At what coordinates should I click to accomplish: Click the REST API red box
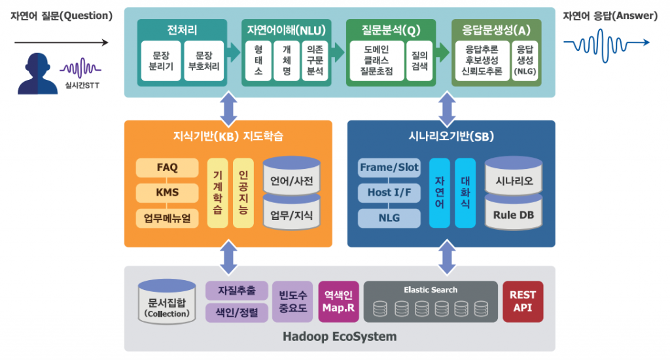click(x=523, y=302)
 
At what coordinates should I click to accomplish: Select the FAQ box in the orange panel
click(x=167, y=168)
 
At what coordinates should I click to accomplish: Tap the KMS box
click(x=167, y=193)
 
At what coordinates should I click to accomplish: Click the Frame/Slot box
click(x=389, y=168)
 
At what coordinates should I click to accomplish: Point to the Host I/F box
click(x=389, y=193)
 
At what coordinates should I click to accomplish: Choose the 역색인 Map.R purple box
click(x=339, y=302)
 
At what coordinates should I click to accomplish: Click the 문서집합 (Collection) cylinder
click(x=167, y=303)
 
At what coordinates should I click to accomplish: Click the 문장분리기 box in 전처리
click(x=161, y=61)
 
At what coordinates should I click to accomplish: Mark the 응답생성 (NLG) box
click(x=525, y=61)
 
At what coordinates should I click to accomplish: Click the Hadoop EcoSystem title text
click(x=340, y=337)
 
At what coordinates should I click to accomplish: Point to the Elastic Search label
click(x=431, y=289)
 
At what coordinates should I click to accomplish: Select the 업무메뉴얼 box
click(x=167, y=219)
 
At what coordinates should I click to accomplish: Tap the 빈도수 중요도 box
click(x=292, y=302)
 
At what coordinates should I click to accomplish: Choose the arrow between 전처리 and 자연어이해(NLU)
click(x=234, y=51)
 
